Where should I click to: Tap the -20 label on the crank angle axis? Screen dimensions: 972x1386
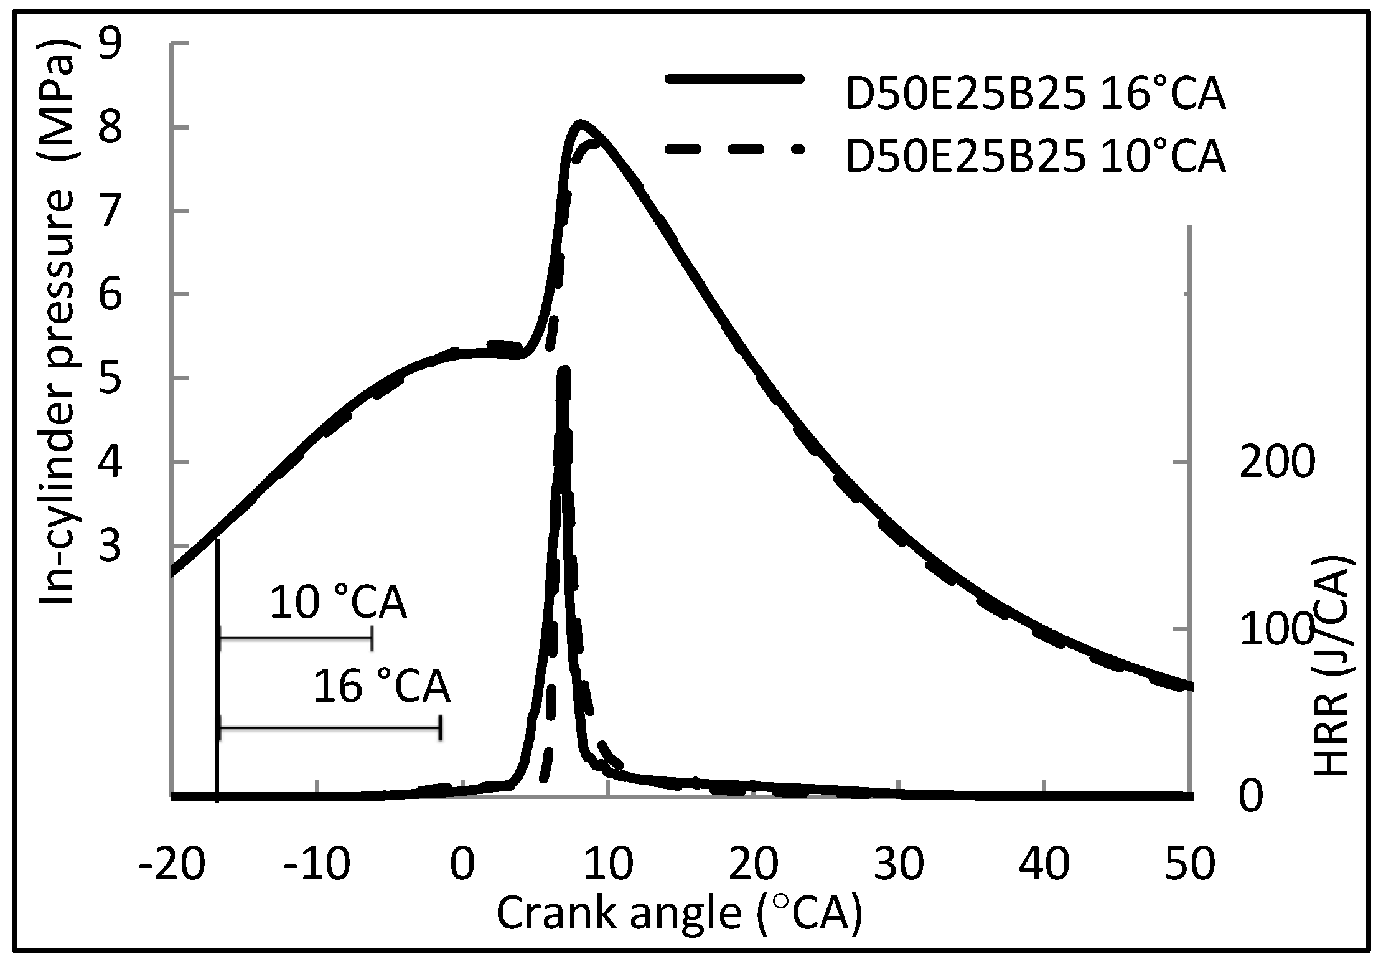pos(172,864)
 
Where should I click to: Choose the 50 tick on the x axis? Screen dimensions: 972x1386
pos(1189,864)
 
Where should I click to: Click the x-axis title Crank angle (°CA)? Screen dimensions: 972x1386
pos(679,914)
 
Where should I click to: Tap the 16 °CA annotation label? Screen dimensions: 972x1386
pos(381,687)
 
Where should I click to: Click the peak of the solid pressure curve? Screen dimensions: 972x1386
pos(580,123)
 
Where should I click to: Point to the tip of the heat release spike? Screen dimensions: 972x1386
pos(564,370)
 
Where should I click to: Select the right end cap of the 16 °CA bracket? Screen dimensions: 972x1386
pos(440,728)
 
